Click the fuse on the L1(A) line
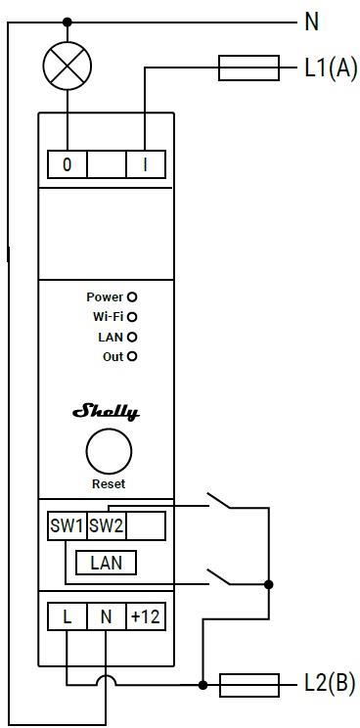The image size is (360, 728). (x=249, y=68)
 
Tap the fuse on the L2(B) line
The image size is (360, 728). (x=249, y=684)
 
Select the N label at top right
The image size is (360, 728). (x=312, y=22)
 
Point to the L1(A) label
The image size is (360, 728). (x=332, y=68)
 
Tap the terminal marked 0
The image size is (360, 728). (x=67, y=164)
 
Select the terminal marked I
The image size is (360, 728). (x=146, y=164)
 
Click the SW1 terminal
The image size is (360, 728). (x=67, y=526)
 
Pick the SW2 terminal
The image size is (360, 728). (x=107, y=526)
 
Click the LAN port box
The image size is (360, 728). (x=106, y=563)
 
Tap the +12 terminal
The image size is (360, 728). (x=145, y=617)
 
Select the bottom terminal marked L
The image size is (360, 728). (x=67, y=617)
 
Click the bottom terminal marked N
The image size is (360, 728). (x=106, y=617)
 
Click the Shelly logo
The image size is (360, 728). (x=106, y=412)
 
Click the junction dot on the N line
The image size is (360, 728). (x=67, y=22)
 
